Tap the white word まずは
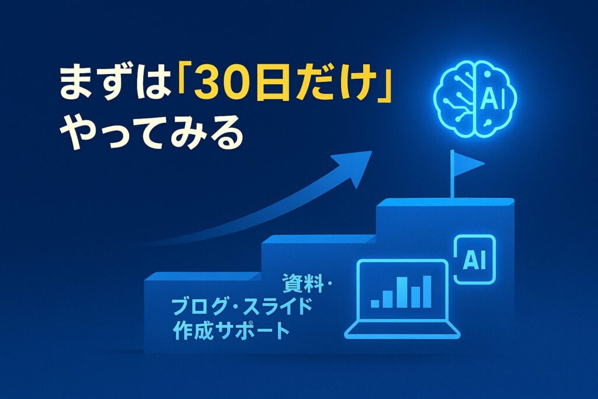click(x=114, y=85)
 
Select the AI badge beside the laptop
click(x=474, y=259)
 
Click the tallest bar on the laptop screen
click(x=427, y=292)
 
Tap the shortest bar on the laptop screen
click(x=376, y=303)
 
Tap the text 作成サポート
click(x=231, y=330)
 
